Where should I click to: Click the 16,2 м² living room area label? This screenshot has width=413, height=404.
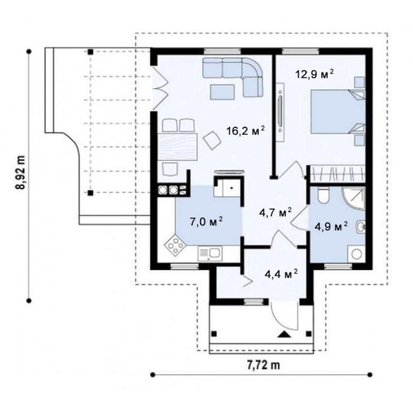pos(245,131)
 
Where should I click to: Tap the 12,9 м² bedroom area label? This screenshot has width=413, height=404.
pos(314,74)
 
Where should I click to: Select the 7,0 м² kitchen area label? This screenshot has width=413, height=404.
pos(206,222)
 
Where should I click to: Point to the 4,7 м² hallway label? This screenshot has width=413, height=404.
pos(275,213)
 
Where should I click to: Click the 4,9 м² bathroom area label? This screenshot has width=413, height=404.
pos(331,226)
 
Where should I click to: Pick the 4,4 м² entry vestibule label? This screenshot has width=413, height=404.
pos(281,275)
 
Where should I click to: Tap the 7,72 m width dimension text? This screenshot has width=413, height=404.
pos(263,365)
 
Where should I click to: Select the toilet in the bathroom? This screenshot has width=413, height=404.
pos(323,195)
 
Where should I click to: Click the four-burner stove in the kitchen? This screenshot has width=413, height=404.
pos(174,245)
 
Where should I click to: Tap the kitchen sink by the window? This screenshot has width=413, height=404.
pos(210,254)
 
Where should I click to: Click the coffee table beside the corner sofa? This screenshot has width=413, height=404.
pos(222,92)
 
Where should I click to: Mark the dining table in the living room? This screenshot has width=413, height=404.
pos(177,147)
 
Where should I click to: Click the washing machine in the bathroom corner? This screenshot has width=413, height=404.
pos(357,254)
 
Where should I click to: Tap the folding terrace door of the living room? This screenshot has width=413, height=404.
pos(160,88)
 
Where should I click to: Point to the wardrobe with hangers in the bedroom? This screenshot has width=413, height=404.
pos(337,174)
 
